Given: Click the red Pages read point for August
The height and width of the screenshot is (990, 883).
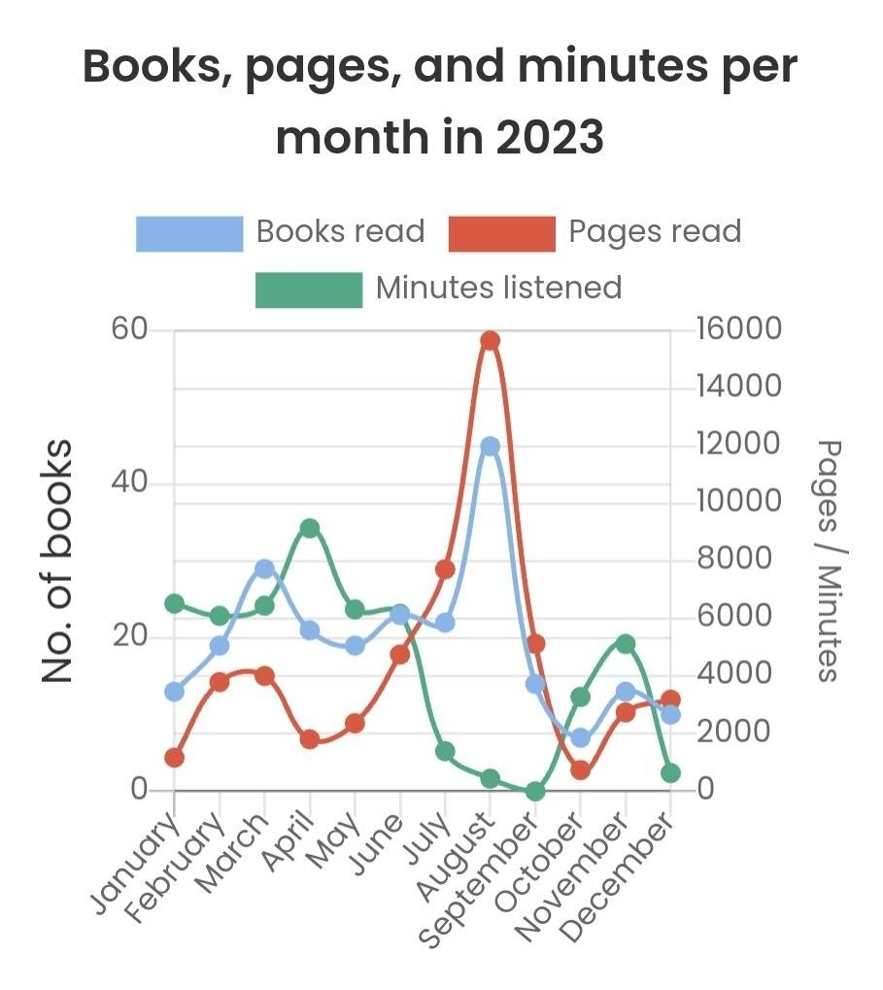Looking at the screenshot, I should (x=490, y=340).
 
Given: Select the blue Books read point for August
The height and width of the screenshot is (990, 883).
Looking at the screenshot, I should (x=490, y=446).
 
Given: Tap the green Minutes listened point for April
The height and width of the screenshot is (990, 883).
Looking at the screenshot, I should (x=310, y=529).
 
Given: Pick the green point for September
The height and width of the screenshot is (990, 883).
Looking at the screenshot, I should (x=535, y=791).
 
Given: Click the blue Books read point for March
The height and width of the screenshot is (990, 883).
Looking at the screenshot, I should (x=264, y=569).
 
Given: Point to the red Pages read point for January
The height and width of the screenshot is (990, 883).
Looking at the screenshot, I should (x=175, y=758).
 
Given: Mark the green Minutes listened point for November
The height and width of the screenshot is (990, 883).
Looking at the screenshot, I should (x=626, y=644).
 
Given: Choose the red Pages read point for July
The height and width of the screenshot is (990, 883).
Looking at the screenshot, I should (x=445, y=569).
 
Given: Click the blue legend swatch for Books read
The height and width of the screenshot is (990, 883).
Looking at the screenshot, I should (x=189, y=233).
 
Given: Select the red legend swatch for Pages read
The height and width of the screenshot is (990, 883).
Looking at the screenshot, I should (x=501, y=233).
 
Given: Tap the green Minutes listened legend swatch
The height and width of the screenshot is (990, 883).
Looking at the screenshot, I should (x=308, y=289).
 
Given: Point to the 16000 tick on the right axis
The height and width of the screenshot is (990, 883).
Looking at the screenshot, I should (x=738, y=329).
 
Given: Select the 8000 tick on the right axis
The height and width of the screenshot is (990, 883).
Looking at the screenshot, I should (x=730, y=560).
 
